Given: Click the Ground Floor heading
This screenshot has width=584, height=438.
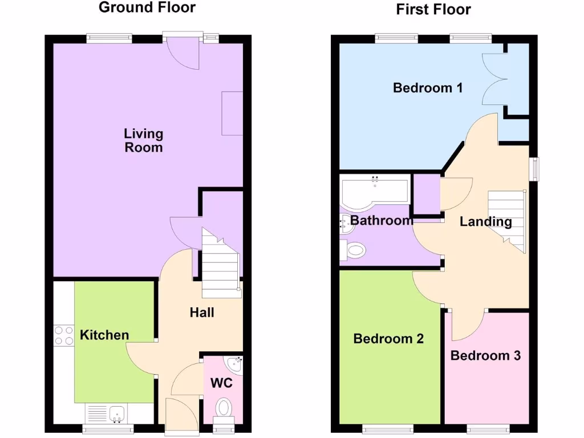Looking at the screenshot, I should [x=147, y=7].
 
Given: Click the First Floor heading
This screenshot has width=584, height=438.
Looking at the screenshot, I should [x=433, y=9].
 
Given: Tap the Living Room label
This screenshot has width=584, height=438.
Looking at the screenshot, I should [x=144, y=141].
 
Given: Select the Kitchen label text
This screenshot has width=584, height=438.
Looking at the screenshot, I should [x=104, y=335].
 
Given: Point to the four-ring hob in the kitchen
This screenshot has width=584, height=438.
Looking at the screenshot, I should [x=63, y=335].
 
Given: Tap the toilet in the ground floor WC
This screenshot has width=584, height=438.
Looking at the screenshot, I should [x=223, y=407].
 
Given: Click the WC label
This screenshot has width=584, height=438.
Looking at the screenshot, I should [x=222, y=383].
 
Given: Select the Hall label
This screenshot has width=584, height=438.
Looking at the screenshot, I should [x=202, y=313].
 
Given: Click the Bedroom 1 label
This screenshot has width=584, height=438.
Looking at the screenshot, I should [x=428, y=88].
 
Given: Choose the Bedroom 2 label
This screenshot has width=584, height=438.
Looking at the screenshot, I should [x=388, y=339].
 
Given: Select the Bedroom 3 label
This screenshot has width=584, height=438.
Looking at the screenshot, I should [x=485, y=356].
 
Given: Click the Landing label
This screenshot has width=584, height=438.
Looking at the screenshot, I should [x=486, y=222].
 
